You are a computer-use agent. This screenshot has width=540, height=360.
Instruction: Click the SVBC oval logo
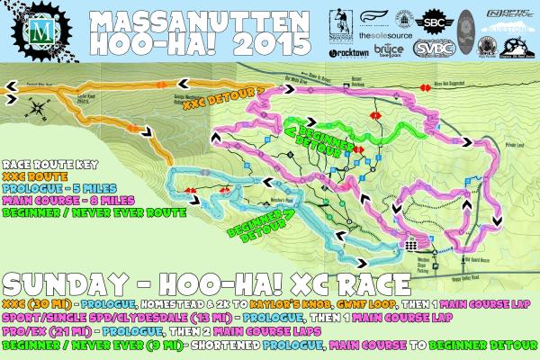434,49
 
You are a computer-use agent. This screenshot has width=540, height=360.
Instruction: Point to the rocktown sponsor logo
352,52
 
